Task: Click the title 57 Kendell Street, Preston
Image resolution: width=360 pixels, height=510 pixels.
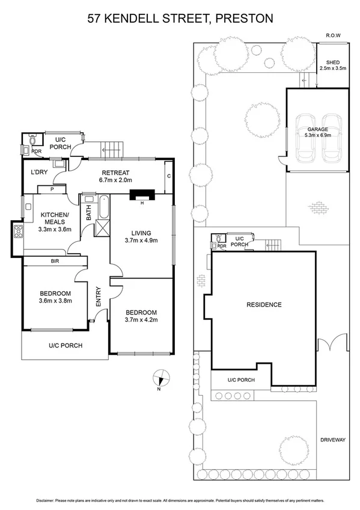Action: click(x=180, y=19)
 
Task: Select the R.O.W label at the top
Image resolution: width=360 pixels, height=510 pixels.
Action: click(x=333, y=35)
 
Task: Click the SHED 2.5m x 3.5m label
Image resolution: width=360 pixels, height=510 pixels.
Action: click(x=332, y=65)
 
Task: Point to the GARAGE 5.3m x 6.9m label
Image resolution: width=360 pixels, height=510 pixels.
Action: click(x=317, y=132)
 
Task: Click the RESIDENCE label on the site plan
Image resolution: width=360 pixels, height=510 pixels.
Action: click(x=264, y=305)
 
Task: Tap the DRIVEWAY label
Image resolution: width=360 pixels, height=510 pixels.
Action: click(x=333, y=440)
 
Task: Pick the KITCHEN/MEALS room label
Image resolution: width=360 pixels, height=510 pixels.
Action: click(x=55, y=222)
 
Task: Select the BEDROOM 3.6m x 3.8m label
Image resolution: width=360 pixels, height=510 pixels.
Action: click(x=55, y=296)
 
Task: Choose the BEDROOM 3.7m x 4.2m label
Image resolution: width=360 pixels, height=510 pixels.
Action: click(x=141, y=316)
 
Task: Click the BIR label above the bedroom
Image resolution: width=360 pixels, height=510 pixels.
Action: click(x=55, y=262)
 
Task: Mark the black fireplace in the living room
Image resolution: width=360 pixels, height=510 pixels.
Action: click(x=142, y=194)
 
